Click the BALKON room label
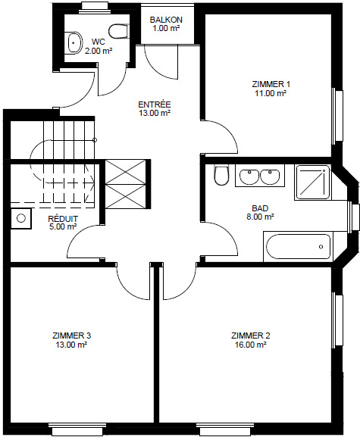pyautogui.click(x=166, y=20)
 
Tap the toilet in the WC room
pyautogui.click(x=118, y=32)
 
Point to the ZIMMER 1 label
pyautogui.click(x=271, y=84)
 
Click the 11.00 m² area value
pyautogui.click(x=271, y=93)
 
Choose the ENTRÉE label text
pyautogui.click(x=155, y=105)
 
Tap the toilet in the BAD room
pyautogui.click(x=222, y=175)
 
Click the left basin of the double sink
pyautogui.click(x=249, y=176)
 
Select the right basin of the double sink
pyautogui.click(x=270, y=176)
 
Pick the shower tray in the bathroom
pyautogui.click(x=312, y=183)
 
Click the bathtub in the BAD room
pyautogui.click(x=298, y=247)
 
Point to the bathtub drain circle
pyautogui.click(x=321, y=247)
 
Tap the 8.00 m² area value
pyautogui.click(x=260, y=217)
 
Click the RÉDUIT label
pyautogui.click(x=63, y=219)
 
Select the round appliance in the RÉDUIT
pyautogui.click(x=21, y=218)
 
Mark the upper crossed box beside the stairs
pyautogui.click(x=126, y=172)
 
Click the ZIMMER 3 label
pyautogui.click(x=72, y=336)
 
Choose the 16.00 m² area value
pyautogui.click(x=250, y=345)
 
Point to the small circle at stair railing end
pyautogui.click(x=95, y=140)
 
